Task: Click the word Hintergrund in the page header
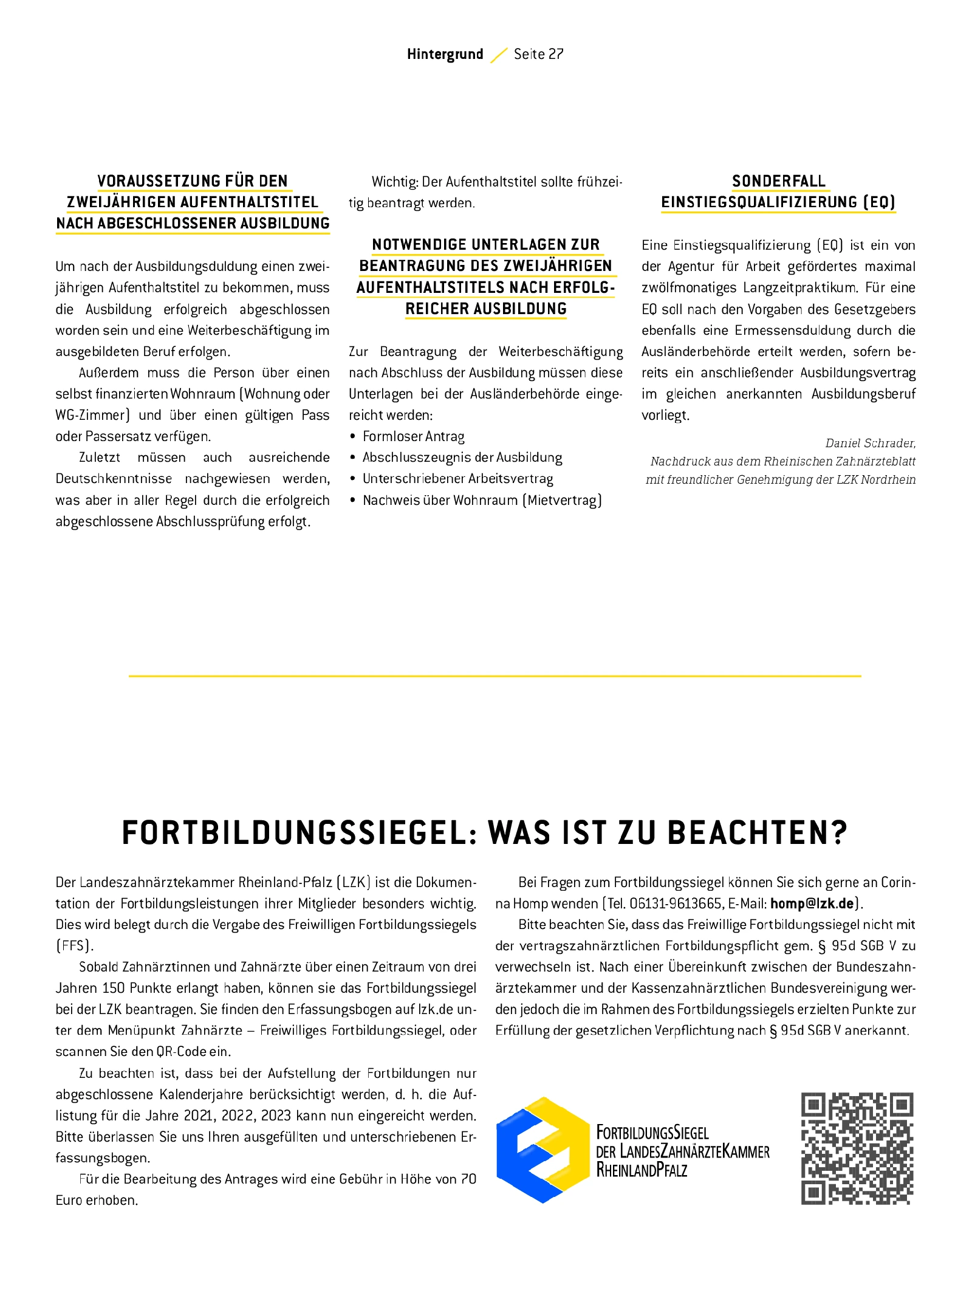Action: [445, 55]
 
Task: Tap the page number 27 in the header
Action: [555, 55]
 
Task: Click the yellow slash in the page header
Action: [498, 55]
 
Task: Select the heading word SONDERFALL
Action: [778, 181]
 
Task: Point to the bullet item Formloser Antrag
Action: [413, 436]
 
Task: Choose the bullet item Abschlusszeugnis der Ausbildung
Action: [462, 458]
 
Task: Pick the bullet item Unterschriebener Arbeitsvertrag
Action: [457, 479]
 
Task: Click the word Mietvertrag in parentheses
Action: [564, 500]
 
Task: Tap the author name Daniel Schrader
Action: [869, 443]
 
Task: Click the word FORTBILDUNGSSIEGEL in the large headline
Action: [294, 833]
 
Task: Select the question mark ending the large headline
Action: [839, 833]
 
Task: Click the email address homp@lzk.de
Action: [812, 903]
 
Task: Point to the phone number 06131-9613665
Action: [676, 903]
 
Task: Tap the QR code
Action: [857, 1148]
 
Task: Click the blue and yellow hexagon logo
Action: [543, 1150]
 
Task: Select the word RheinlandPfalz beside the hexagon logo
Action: [642, 1170]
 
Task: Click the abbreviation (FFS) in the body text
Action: [75, 946]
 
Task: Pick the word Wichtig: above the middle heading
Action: [395, 182]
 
